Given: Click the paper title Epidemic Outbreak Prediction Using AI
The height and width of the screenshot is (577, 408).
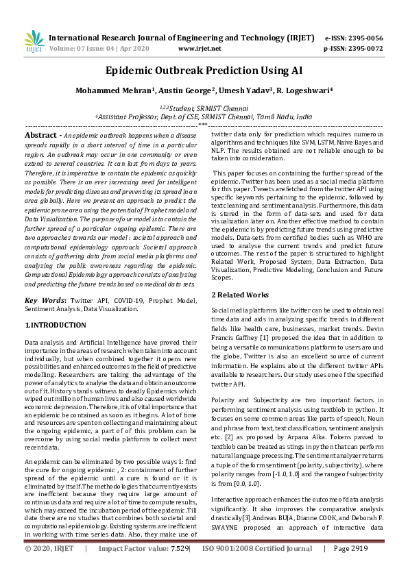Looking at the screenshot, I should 204,71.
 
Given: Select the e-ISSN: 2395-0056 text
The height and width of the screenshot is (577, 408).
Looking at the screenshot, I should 363,38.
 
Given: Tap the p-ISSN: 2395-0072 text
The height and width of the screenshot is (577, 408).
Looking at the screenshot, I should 363,49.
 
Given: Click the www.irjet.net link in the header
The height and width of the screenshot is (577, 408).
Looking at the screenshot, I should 199,49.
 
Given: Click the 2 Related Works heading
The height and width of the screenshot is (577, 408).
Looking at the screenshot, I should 239,295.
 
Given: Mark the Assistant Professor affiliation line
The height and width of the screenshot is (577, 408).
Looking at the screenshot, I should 203,117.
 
